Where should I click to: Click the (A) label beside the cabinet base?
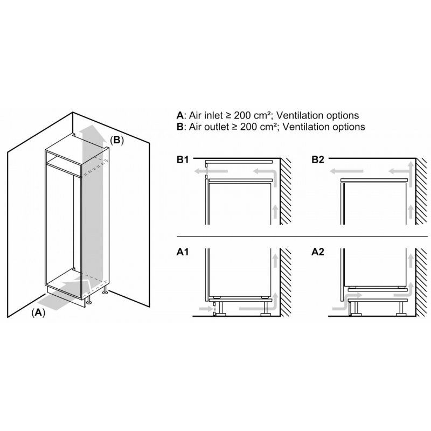click(38, 312)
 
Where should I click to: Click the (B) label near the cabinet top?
click(117, 140)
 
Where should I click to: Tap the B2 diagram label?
click(318, 160)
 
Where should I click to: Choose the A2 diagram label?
click(318, 251)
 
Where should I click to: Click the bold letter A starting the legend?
click(179, 115)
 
